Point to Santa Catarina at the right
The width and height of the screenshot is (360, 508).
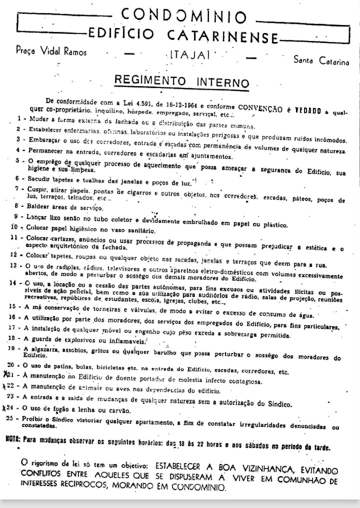(321, 61)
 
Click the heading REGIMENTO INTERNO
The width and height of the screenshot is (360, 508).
(181, 81)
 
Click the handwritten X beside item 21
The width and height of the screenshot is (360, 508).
(6, 373)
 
